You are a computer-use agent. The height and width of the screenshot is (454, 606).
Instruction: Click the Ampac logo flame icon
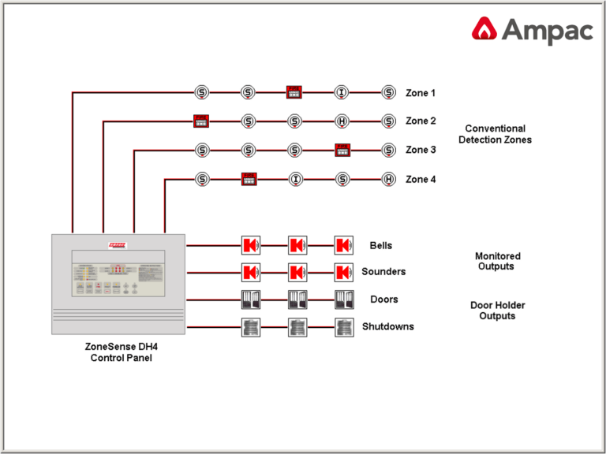[x=484, y=30]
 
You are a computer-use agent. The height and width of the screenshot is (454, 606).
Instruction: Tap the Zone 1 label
[x=421, y=93]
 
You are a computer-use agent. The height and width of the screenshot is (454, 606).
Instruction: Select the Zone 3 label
[x=421, y=150]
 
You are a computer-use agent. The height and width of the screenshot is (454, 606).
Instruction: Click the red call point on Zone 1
[x=294, y=92]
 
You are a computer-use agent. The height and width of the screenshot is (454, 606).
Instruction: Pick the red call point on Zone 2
[x=201, y=121]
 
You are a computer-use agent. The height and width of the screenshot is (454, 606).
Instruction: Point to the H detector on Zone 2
[x=342, y=121]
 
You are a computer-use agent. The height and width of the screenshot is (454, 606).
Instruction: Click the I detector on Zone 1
[x=342, y=92]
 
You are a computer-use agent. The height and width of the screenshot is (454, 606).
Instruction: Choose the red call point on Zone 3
[x=342, y=150]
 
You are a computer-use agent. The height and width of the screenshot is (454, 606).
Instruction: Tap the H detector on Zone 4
[x=388, y=179]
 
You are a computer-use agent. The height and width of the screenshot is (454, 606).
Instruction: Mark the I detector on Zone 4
[x=295, y=179]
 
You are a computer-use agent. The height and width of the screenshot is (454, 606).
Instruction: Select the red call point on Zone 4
[x=249, y=179]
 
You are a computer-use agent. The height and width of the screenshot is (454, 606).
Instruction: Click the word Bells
[x=381, y=246]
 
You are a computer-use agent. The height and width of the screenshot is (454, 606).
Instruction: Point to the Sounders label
[x=383, y=272]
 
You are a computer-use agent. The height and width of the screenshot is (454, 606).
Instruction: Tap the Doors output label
[x=383, y=300]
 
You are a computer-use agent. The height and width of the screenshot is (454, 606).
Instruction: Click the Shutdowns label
[x=387, y=326]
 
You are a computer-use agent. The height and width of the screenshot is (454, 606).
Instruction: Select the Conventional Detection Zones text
[x=495, y=134]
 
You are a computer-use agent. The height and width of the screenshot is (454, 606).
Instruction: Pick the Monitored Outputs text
[x=497, y=261]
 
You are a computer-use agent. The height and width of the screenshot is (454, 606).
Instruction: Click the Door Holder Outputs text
[x=497, y=311]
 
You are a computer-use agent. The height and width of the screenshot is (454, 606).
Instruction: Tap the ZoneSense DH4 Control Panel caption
[x=118, y=352]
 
